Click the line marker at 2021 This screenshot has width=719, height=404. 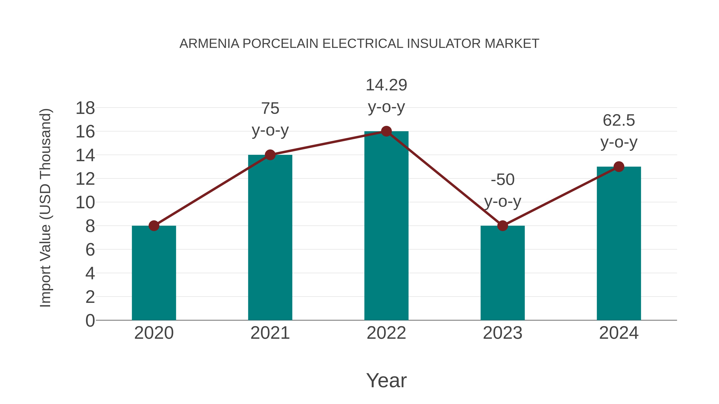tap(270, 155)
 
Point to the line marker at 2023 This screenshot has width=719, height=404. tap(503, 226)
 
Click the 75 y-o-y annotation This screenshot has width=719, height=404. tap(270, 119)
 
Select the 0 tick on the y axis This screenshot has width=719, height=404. tap(90, 320)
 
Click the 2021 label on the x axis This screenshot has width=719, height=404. tap(270, 333)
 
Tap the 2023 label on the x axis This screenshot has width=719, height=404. tap(503, 333)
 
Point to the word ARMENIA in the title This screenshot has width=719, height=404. tap(209, 44)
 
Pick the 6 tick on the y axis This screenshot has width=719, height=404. tap(90, 250)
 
